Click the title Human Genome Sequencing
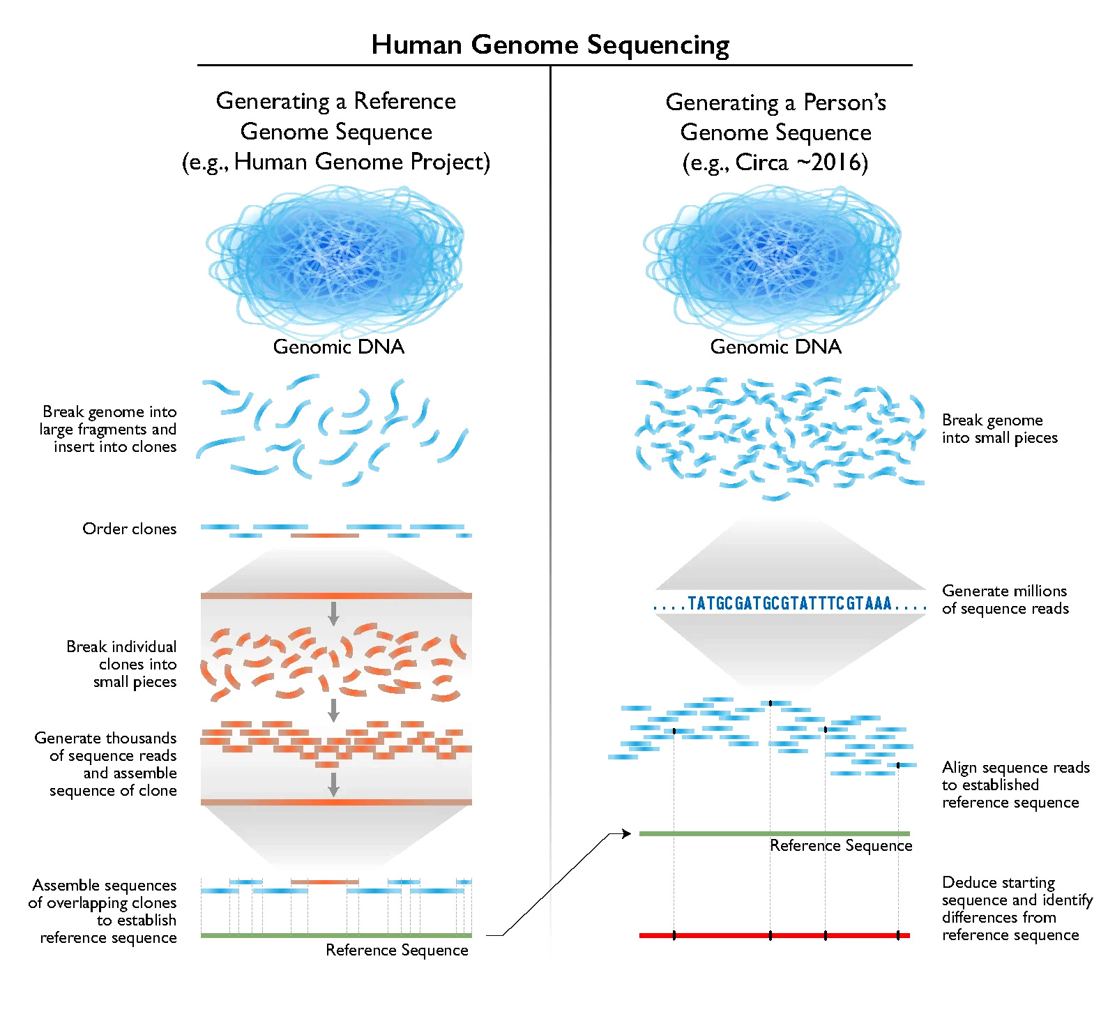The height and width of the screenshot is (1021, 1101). tap(550, 45)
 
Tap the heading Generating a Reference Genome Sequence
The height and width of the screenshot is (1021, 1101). tap(336, 116)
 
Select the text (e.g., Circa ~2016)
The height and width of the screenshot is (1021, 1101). tap(775, 162)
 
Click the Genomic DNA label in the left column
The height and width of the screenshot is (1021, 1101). tap(338, 347)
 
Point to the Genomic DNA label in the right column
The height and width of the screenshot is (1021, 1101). tap(775, 347)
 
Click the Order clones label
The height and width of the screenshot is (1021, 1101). tap(129, 529)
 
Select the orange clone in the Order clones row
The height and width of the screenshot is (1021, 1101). tap(324, 536)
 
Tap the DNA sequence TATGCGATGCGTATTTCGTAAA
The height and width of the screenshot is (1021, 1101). tap(789, 603)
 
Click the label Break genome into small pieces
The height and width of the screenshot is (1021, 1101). tap(999, 429)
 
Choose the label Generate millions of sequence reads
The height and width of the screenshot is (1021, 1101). tap(1005, 600)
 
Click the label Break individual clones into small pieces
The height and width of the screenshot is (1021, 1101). tap(121, 664)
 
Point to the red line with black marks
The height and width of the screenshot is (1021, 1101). tap(775, 935)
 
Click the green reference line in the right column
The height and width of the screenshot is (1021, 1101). tap(775, 833)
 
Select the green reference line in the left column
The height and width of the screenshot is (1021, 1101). tap(336, 935)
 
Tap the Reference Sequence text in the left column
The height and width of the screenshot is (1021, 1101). tap(397, 950)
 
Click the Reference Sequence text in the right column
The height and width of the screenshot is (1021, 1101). tap(841, 845)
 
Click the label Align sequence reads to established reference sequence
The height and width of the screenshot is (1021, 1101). tap(1015, 785)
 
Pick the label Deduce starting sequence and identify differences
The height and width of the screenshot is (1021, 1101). tap(1017, 909)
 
